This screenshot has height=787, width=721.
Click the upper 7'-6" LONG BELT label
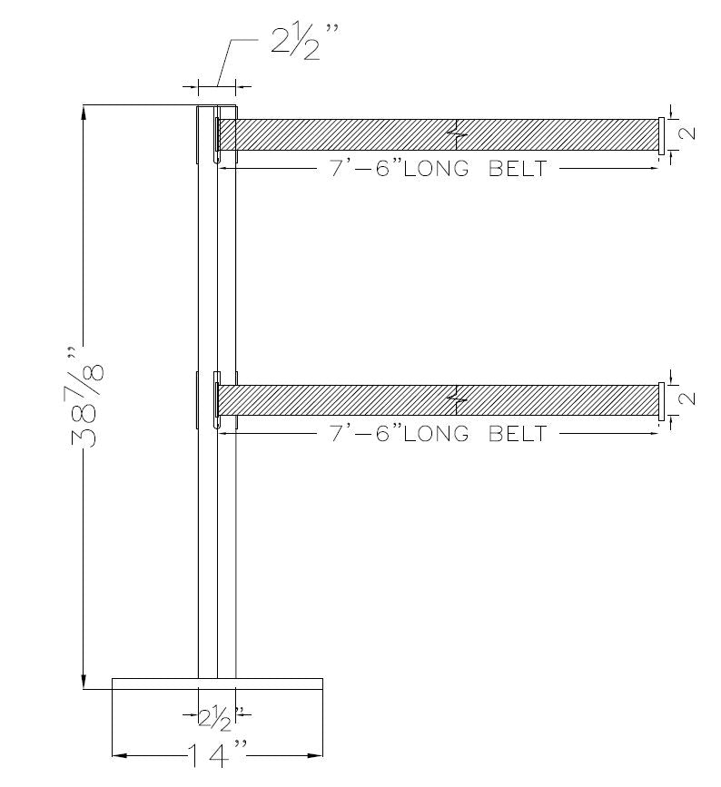[x=439, y=169]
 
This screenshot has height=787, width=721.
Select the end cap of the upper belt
[x=661, y=134]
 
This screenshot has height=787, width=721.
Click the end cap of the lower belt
[x=661, y=399]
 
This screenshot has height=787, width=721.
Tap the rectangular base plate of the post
[x=217, y=684]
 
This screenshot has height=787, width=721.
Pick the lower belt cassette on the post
[x=216, y=400]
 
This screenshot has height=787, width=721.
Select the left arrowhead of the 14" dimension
[x=118, y=755]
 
